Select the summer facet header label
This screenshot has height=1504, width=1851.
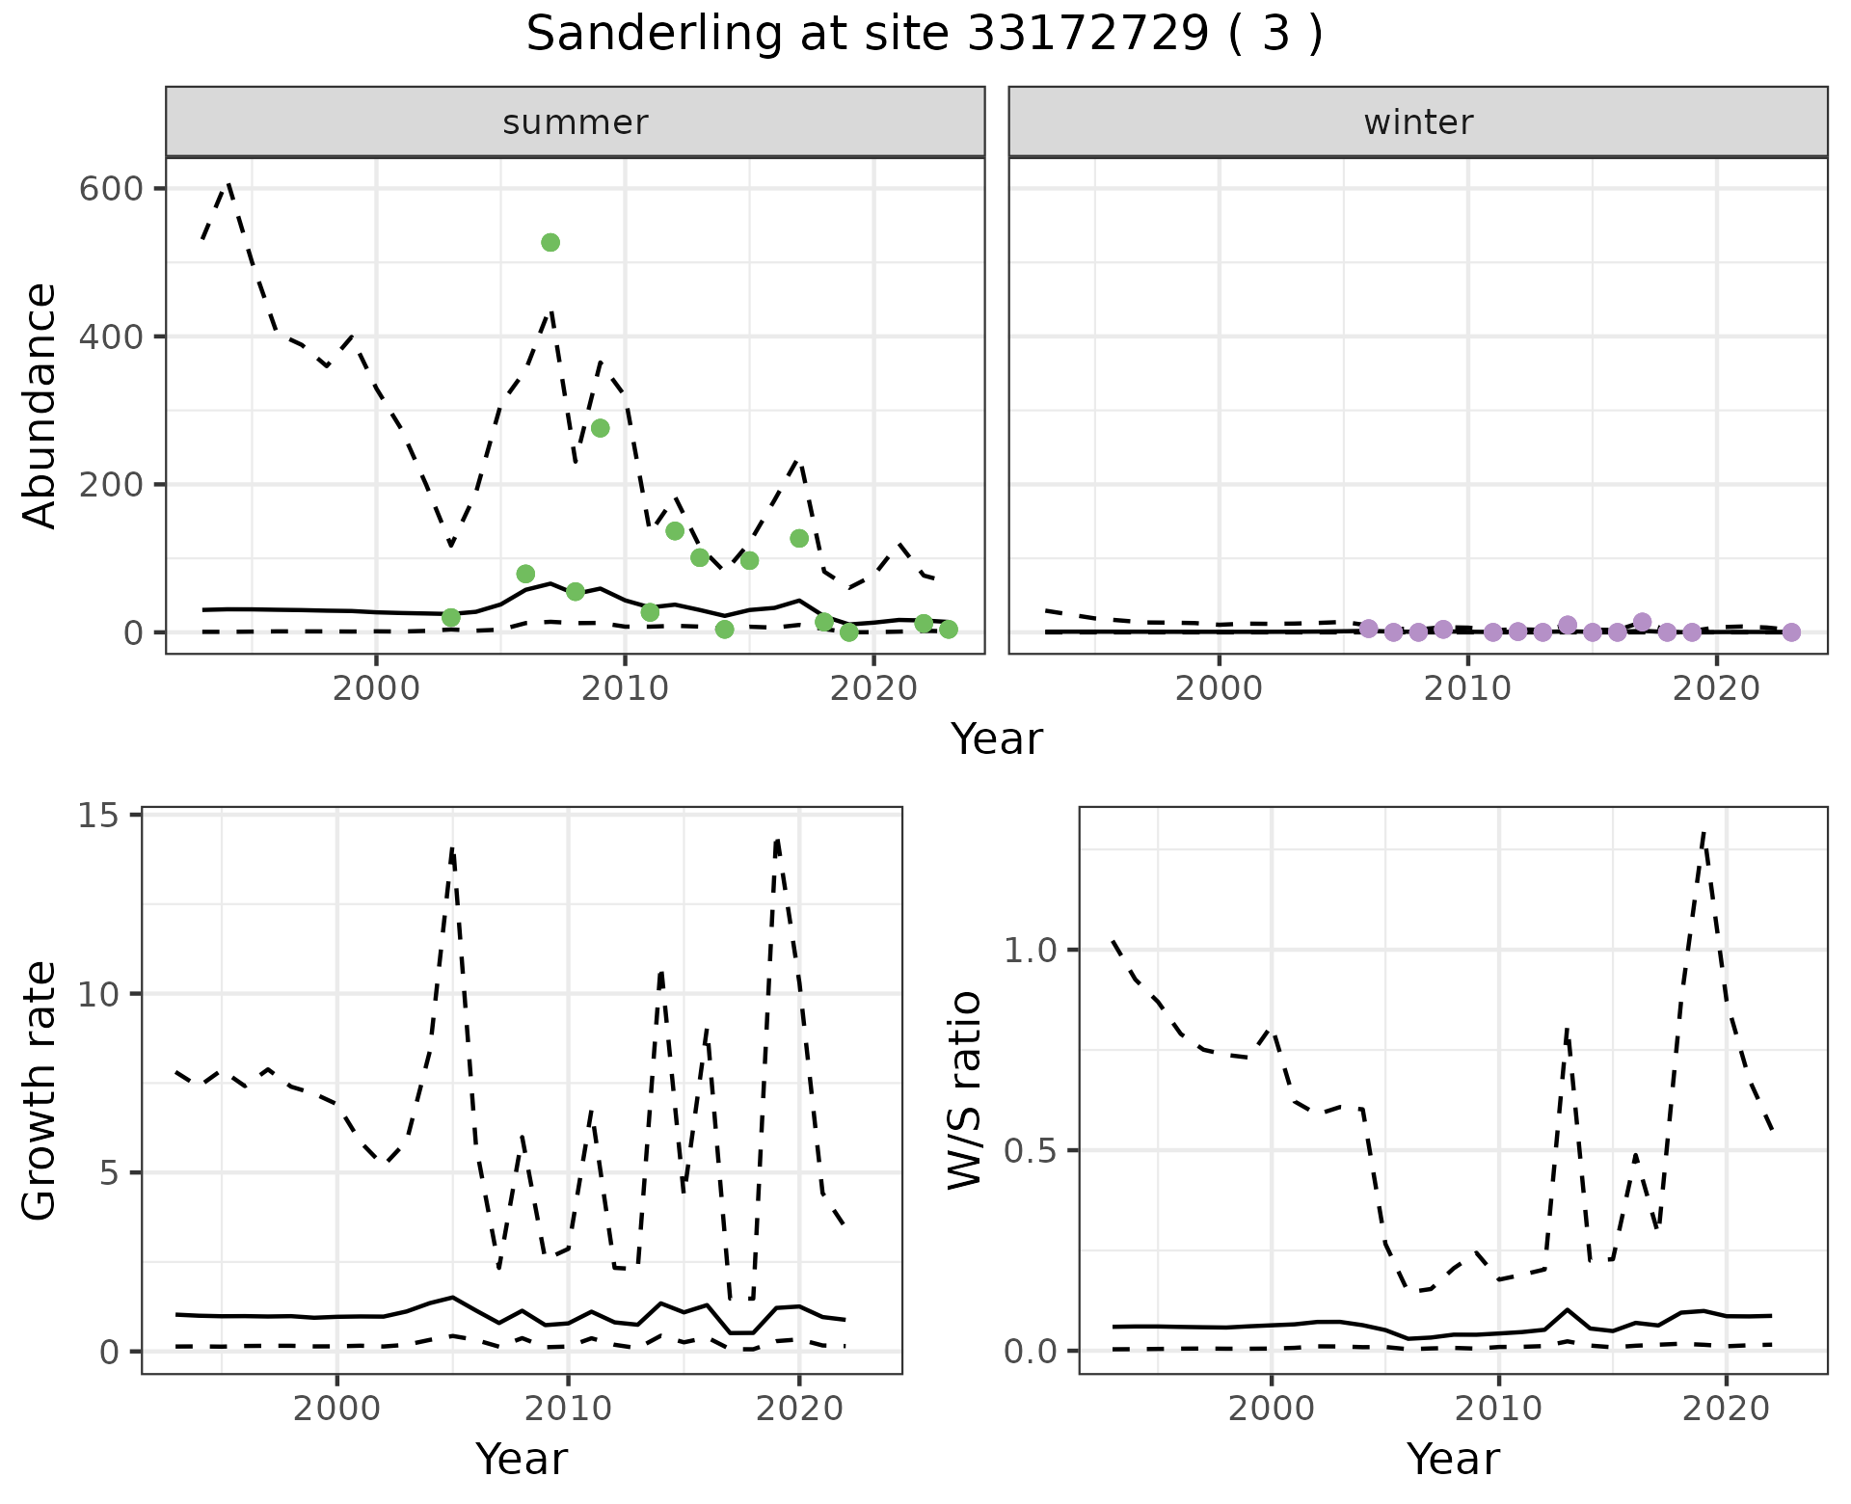[576, 122]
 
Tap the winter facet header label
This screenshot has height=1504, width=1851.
[1418, 122]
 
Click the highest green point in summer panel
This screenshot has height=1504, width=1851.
[550, 242]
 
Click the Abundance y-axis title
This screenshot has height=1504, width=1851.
[40, 406]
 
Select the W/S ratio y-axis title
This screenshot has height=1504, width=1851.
[965, 1090]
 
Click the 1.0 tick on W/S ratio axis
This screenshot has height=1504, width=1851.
[1031, 950]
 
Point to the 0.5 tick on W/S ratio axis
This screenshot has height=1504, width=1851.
[1031, 1150]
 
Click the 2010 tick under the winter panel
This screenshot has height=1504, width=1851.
[1467, 688]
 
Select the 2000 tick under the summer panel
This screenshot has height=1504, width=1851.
[376, 688]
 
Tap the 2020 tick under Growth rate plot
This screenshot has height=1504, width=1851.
[798, 1409]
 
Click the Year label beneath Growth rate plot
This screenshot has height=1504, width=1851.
[522, 1459]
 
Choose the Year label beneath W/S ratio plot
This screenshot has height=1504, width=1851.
[1453, 1459]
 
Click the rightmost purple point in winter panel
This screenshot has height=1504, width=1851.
[1791, 632]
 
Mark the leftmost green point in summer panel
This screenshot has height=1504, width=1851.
[450, 617]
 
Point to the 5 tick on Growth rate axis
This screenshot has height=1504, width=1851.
[109, 1173]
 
